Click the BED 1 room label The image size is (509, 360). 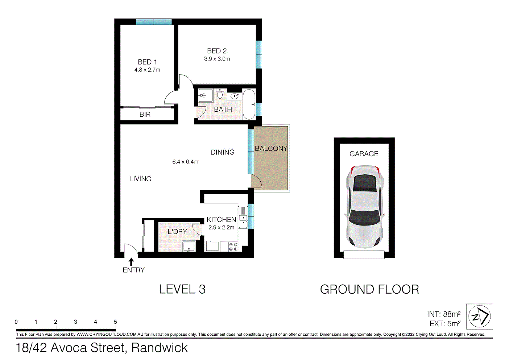click(147, 62)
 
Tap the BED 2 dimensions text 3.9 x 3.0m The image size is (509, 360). click(217, 59)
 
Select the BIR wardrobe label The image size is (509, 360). click(145, 115)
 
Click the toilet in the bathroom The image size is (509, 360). click(219, 94)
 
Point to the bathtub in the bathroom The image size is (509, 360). click(249, 104)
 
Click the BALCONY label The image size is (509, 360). click(271, 148)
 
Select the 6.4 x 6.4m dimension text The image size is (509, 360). click(185, 162)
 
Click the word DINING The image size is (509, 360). click(222, 152)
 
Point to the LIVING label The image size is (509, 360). click(140, 179)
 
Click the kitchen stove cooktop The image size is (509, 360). click(233, 247)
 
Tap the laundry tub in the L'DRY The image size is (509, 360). click(189, 247)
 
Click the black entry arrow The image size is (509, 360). click(131, 262)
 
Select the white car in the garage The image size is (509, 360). click(364, 207)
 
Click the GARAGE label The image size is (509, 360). click(364, 154)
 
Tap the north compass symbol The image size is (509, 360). click(479, 316)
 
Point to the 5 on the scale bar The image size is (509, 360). click(115, 322)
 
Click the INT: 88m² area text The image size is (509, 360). click(444, 314)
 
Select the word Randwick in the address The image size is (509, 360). click(160, 348)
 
